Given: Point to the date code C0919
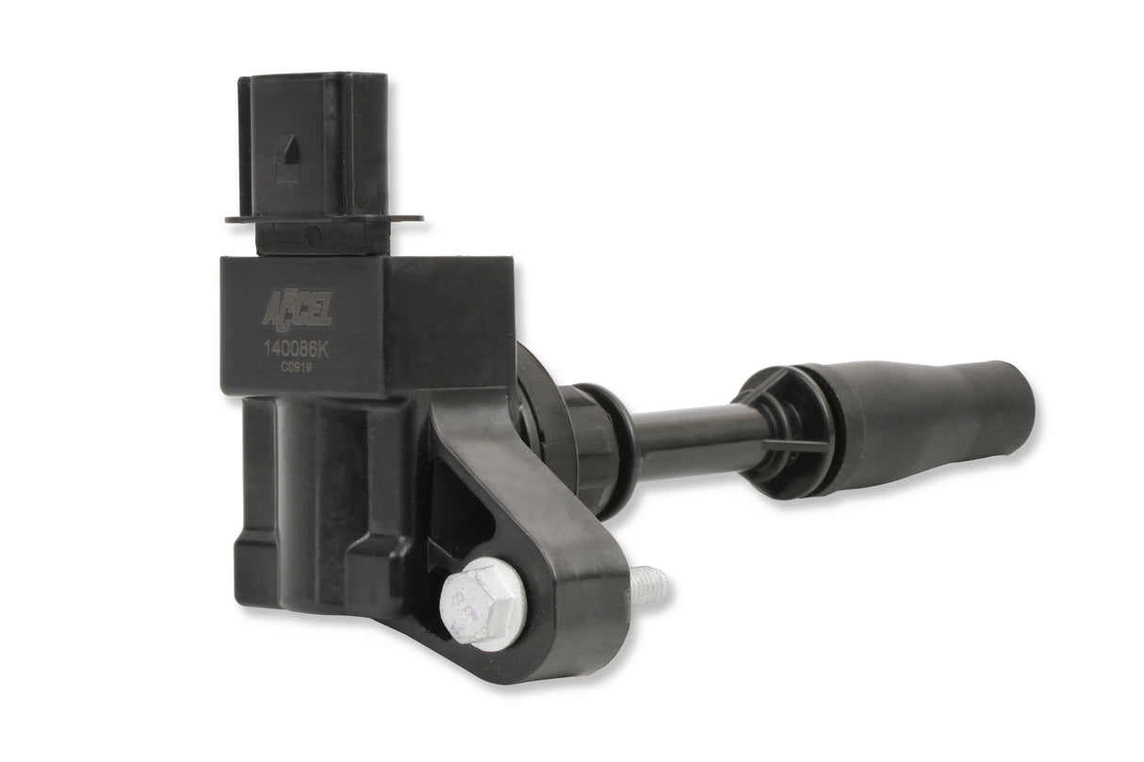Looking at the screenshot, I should [x=295, y=369].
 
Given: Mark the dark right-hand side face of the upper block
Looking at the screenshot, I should [x=452, y=325].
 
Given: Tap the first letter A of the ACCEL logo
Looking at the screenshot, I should [x=270, y=309].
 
